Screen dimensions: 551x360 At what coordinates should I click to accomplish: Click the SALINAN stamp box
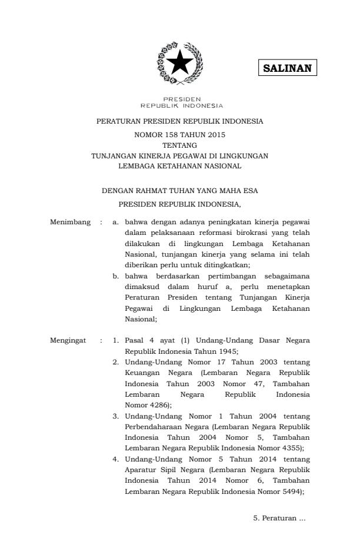tap(287, 68)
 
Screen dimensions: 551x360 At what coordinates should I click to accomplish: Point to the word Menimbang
tap(70, 222)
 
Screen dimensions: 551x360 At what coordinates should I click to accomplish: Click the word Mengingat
tap(69, 340)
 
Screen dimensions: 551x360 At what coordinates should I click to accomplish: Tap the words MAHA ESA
tap(238, 191)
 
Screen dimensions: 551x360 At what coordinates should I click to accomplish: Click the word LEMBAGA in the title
tap(136, 166)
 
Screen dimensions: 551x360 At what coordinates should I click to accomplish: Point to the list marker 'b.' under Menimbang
tap(116, 275)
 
